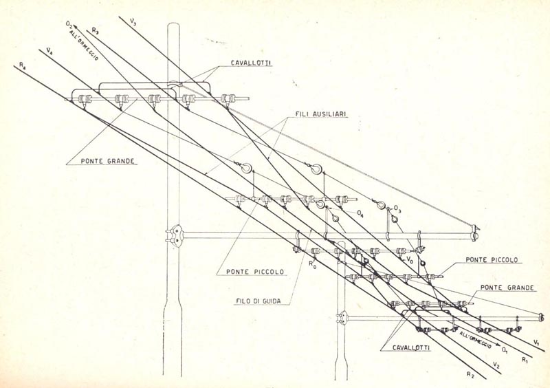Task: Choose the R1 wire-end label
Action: tap(525, 359)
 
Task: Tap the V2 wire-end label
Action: tap(496, 365)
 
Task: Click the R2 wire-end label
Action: tap(470, 375)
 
